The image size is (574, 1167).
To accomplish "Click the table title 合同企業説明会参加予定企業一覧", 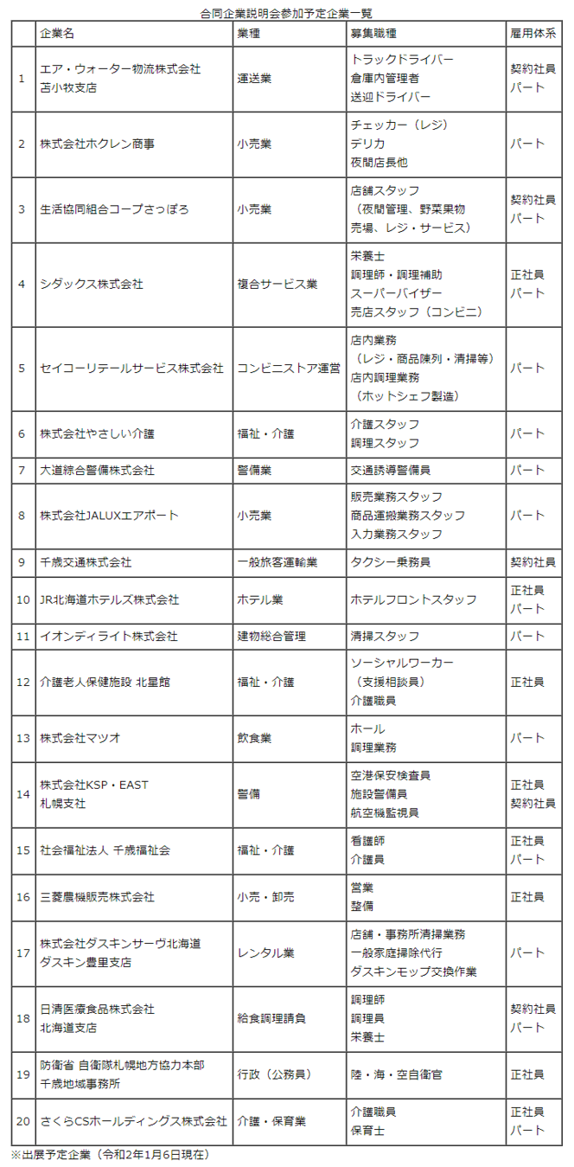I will click(287, 13).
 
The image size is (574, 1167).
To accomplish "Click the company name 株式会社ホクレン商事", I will click(98, 144).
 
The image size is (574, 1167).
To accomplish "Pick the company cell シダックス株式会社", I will click(92, 284).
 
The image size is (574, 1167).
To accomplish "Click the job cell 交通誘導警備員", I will click(391, 471).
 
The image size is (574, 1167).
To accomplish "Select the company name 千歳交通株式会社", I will click(86, 562).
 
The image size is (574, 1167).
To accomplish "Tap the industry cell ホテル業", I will click(260, 600).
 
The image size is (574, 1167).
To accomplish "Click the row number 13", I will click(22, 739).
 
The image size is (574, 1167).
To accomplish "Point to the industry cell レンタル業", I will click(265, 953).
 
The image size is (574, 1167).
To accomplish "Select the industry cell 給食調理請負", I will click(271, 1019).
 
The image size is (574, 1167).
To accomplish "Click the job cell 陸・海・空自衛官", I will click(396, 1074).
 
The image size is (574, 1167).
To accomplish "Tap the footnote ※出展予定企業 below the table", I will click(110, 1154).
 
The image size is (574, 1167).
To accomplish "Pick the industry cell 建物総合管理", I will click(271, 637).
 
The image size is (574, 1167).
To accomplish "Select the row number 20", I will click(22, 1121).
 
